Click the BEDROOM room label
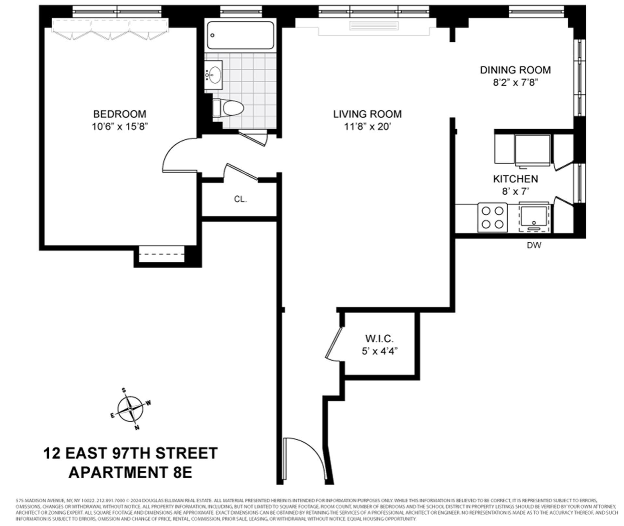click(120, 114)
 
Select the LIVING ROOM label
click(367, 114)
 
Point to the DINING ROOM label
click(515, 70)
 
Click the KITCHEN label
click(515, 179)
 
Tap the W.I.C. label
click(379, 339)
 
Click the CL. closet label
click(240, 199)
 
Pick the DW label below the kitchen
click(534, 245)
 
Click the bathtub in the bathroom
click(240, 35)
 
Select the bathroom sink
click(214, 75)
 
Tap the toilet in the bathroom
click(228, 108)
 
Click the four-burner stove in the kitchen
click(492, 217)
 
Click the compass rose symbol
click(130, 409)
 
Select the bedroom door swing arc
click(177, 155)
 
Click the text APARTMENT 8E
click(130, 472)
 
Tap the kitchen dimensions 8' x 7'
click(515, 192)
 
